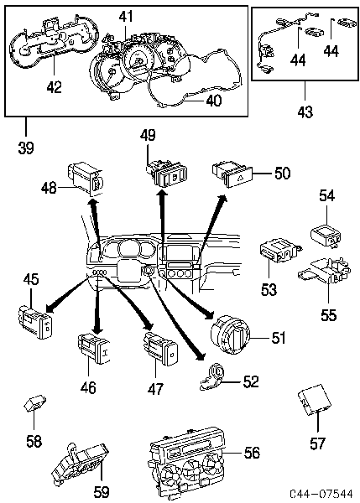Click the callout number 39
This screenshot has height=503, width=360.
point(26,148)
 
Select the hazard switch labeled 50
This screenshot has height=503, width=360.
point(232,174)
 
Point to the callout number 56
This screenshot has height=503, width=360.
point(252,453)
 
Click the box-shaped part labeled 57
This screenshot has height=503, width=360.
point(314,402)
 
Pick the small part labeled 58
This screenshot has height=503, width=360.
point(34,402)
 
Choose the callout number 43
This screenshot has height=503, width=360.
point(305,112)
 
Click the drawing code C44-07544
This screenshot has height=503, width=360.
point(321,494)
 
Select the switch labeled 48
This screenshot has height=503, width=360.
point(85,179)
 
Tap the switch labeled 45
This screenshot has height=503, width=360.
point(35,322)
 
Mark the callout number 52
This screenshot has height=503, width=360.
point(251,381)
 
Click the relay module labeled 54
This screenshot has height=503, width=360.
point(326,236)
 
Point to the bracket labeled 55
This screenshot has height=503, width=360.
point(324,270)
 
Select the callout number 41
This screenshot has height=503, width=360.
point(126,17)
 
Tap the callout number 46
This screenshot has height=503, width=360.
point(88,387)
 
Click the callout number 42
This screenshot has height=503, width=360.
point(54,87)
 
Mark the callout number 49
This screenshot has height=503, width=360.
point(148,135)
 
